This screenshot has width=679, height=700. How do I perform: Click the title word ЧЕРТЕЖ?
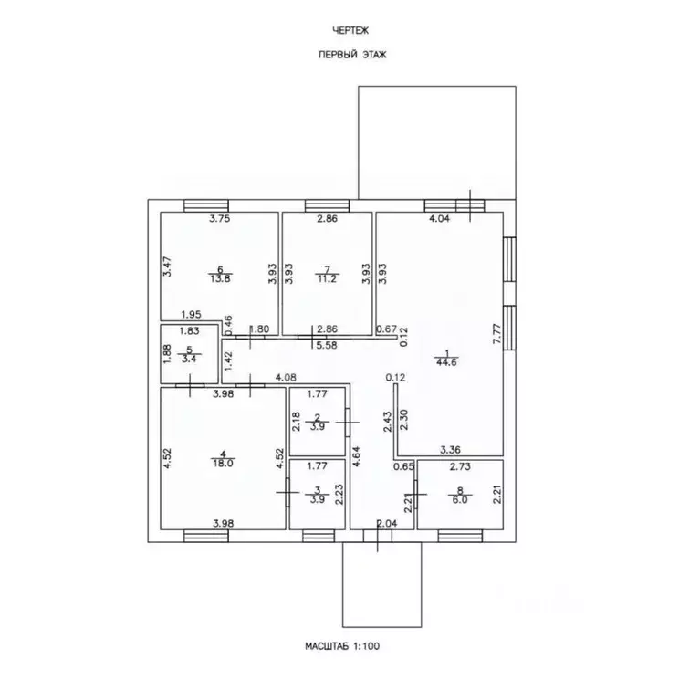350,31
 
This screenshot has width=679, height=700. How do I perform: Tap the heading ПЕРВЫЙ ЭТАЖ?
352,55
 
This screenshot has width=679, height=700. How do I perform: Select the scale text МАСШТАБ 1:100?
342,646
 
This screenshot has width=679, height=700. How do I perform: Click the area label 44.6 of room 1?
446,362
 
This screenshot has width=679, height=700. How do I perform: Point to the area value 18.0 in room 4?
223,463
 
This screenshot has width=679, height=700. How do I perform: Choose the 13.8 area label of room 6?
220,279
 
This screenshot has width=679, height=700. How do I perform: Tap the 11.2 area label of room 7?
328,279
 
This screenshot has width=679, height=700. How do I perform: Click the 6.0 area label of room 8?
460,499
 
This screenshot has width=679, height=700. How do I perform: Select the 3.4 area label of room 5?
189,359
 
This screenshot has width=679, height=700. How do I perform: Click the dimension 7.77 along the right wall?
497,333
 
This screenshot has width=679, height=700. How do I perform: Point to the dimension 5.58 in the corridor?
327,345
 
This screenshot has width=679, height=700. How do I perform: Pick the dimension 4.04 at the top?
439,219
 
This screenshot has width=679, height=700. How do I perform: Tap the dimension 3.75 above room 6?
220,219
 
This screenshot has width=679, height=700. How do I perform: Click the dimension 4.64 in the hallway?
357,456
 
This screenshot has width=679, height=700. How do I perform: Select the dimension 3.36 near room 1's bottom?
450,450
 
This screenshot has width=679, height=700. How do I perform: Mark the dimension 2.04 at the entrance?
387,524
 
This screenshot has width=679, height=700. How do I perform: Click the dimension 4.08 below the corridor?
286,378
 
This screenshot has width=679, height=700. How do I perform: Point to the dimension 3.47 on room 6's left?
167,266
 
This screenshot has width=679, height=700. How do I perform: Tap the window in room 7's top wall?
328,205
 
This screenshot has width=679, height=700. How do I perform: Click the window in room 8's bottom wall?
460,536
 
